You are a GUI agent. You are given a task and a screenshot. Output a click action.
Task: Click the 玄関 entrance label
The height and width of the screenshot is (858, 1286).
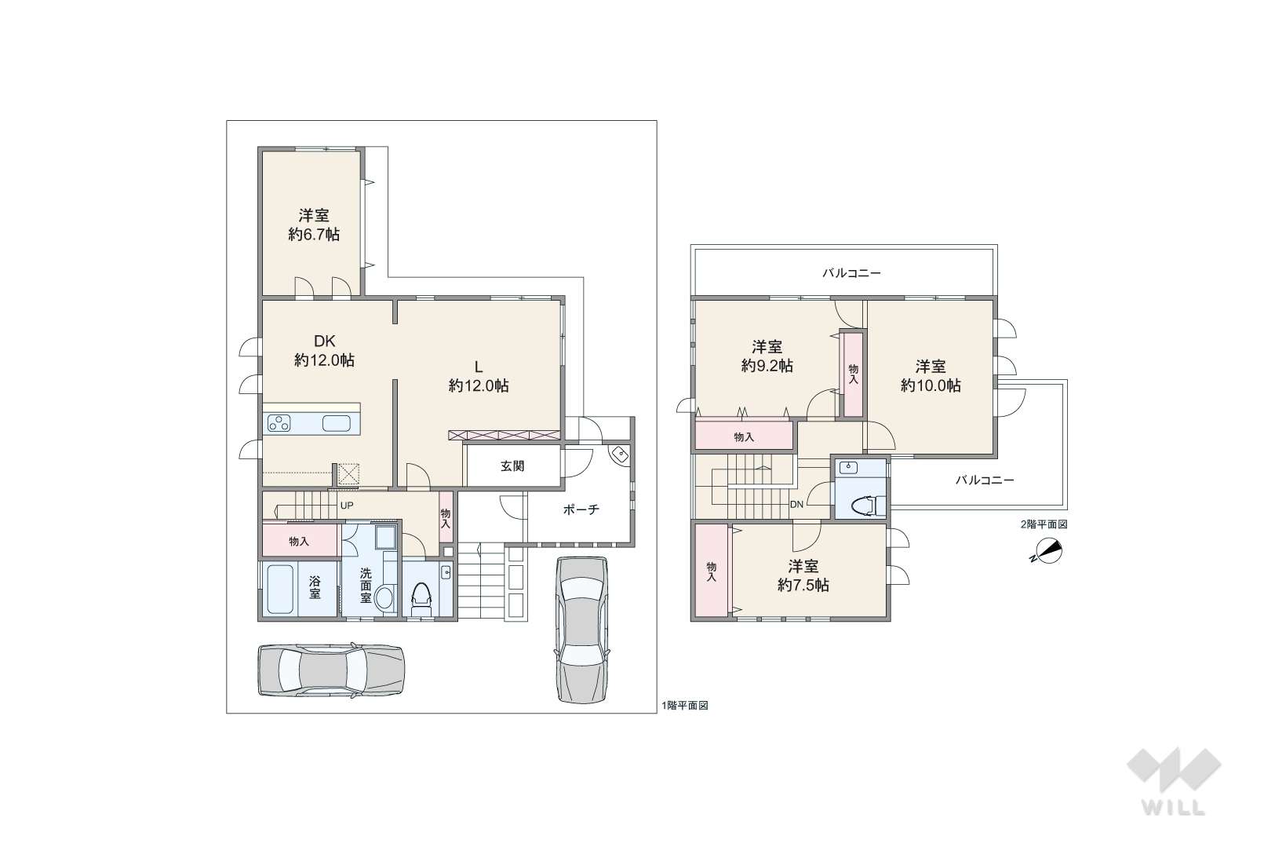pyautogui.click(x=512, y=466)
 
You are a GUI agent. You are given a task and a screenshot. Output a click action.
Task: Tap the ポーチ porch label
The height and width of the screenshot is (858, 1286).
pyautogui.click(x=581, y=509)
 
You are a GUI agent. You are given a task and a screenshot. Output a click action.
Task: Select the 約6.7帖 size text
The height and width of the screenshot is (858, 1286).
pyautogui.click(x=314, y=234)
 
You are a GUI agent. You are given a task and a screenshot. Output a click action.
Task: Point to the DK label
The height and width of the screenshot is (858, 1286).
pyautogui.click(x=324, y=341)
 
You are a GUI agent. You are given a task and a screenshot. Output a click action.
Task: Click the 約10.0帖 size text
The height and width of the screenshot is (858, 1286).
pyautogui.click(x=931, y=385)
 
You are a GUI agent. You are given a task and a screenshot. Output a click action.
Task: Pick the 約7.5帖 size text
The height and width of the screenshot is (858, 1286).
pyautogui.click(x=803, y=585)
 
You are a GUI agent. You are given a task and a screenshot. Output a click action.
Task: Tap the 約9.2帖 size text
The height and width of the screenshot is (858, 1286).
pyautogui.click(x=767, y=366)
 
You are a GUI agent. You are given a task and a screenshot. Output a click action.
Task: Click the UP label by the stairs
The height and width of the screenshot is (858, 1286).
pyautogui.click(x=347, y=506)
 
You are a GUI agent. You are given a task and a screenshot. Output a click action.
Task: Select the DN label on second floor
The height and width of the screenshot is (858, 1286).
pyautogui.click(x=797, y=505)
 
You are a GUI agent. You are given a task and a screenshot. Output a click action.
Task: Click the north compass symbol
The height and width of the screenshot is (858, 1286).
pyautogui.click(x=1047, y=553)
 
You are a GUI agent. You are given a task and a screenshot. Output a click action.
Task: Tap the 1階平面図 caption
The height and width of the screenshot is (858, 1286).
pyautogui.click(x=685, y=705)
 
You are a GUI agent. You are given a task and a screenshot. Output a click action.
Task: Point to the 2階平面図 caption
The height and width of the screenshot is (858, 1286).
pyautogui.click(x=1044, y=524)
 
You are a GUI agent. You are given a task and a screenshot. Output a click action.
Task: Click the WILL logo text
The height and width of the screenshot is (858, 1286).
pyautogui.click(x=1173, y=807)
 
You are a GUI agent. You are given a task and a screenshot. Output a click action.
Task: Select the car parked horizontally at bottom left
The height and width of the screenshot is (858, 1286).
pyautogui.click(x=331, y=670)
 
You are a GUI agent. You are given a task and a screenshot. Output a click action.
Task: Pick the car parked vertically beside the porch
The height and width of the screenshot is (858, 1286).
pyautogui.click(x=581, y=630)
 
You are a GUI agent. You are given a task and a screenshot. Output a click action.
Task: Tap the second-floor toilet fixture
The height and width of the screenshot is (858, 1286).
pyautogui.click(x=868, y=506)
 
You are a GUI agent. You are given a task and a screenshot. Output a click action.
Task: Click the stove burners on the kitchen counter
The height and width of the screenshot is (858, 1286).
pyautogui.click(x=279, y=424)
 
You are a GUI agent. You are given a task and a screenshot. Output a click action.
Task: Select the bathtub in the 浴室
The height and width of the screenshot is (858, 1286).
pyautogui.click(x=281, y=590)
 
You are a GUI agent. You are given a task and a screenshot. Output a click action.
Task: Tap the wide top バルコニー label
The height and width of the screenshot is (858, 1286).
pyautogui.click(x=851, y=273)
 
